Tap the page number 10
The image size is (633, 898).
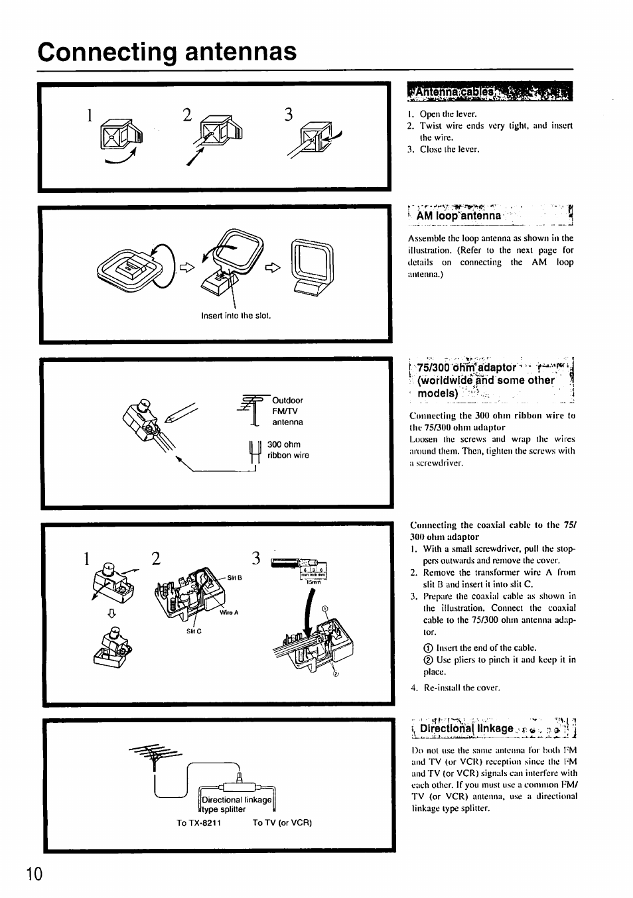click(35, 873)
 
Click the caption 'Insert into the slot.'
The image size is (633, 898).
click(236, 316)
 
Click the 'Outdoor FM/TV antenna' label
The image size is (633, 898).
click(287, 411)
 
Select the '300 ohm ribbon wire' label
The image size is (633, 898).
click(287, 450)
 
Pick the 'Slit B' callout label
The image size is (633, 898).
click(234, 577)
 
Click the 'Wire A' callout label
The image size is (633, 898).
click(230, 612)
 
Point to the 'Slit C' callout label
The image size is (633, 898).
click(193, 631)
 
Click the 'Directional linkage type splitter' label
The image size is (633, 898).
click(236, 804)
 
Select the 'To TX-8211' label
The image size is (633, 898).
click(198, 823)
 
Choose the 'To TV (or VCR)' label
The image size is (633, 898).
click(282, 823)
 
